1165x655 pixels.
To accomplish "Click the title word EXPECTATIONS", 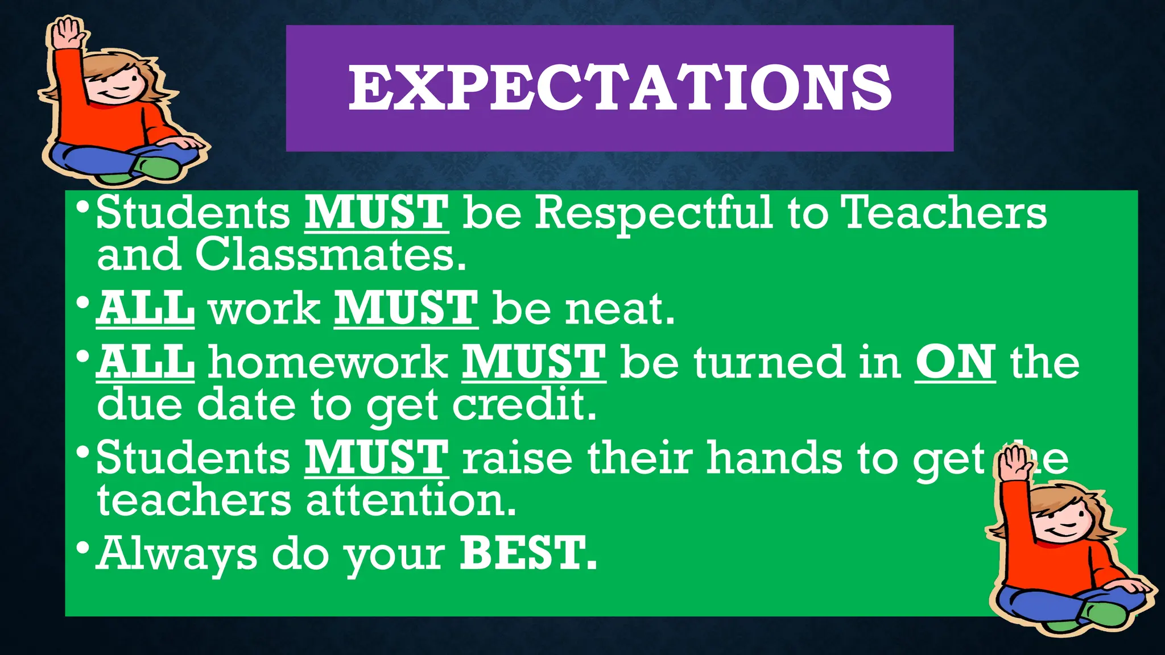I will tap(619, 88).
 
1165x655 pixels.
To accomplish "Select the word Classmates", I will tap(330, 255).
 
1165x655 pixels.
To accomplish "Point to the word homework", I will tap(328, 362).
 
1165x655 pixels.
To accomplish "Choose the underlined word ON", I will tap(955, 362).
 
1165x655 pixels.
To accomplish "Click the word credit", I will tap(524, 405).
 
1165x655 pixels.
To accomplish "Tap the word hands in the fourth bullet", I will tap(774, 458).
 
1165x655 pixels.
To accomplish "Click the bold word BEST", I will tap(527, 553).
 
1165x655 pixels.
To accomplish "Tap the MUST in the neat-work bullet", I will tap(406, 309).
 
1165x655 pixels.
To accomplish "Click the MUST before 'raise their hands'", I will tap(376, 458).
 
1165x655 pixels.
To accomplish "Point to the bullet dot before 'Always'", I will tap(83, 548).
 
